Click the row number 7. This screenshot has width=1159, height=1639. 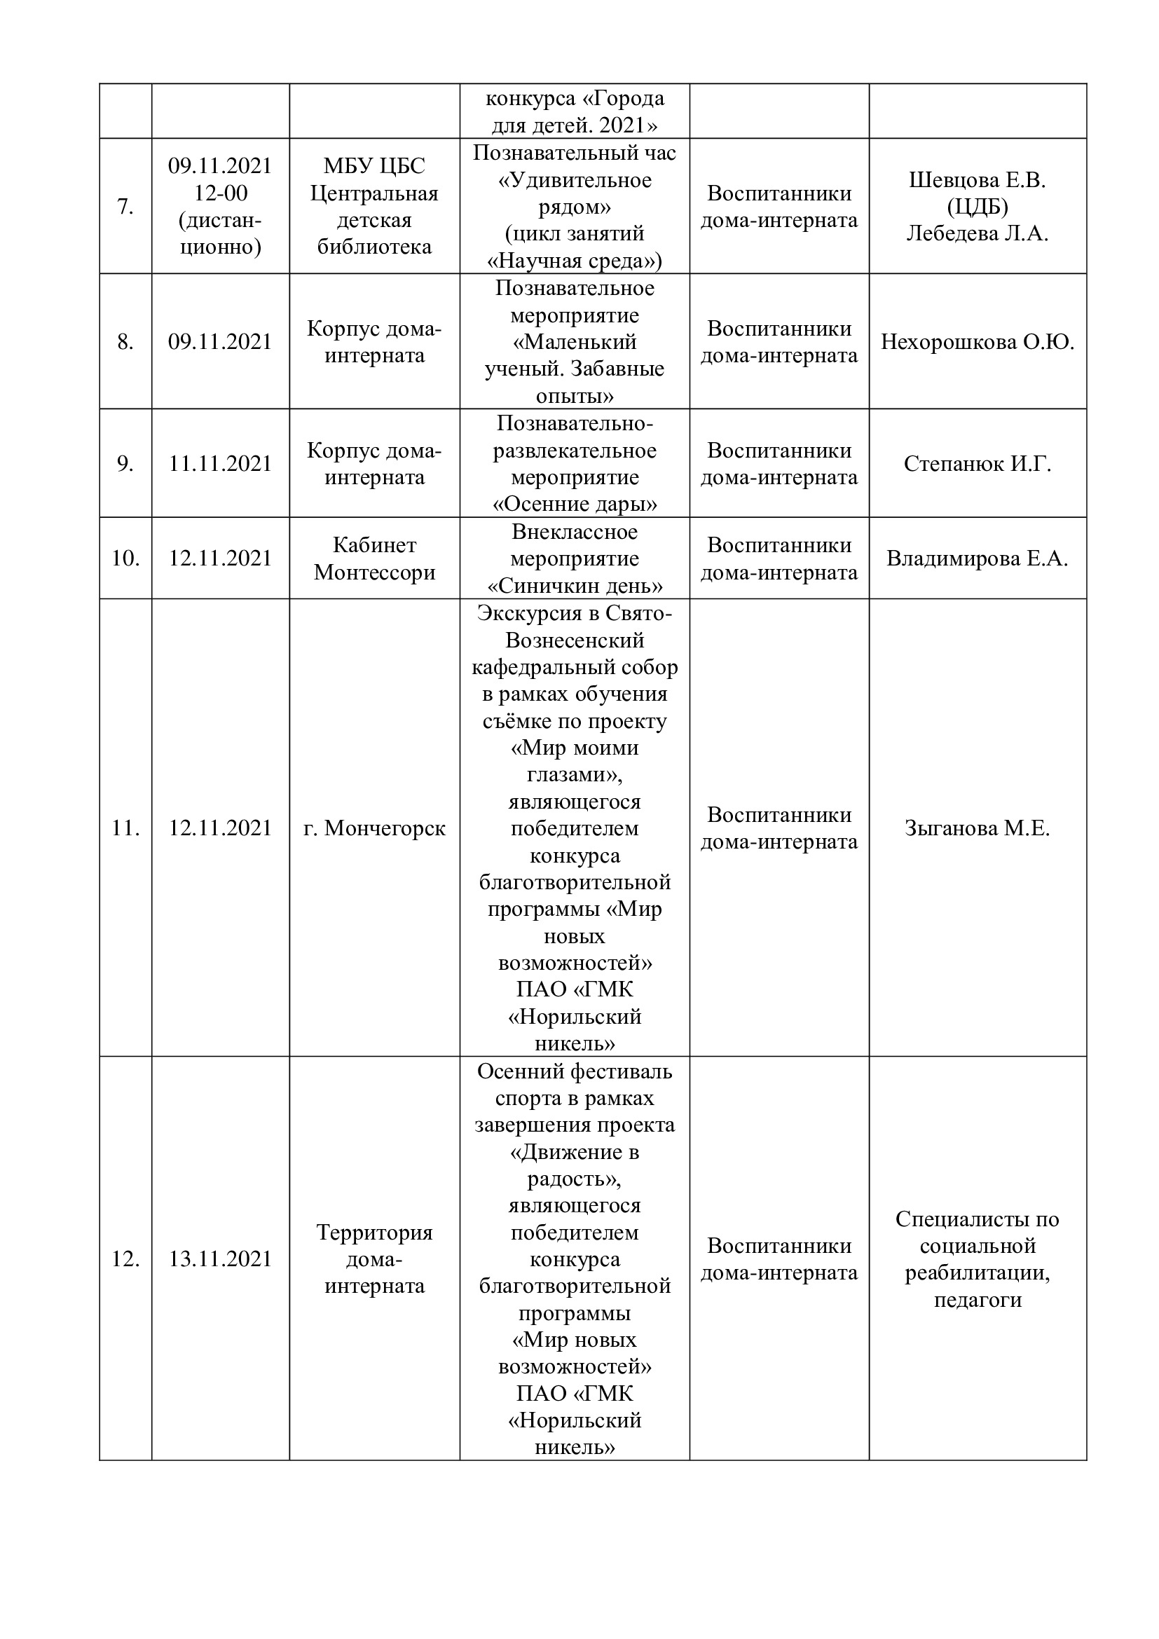coord(125,207)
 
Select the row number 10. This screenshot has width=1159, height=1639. coord(125,558)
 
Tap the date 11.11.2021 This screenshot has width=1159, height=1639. coord(220,464)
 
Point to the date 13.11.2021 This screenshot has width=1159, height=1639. coord(220,1259)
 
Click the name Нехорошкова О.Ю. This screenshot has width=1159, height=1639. coord(977,342)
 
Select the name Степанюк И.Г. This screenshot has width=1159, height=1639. coord(977,464)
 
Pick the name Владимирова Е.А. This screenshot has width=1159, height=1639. coord(977,558)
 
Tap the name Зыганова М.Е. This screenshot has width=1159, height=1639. coord(977,828)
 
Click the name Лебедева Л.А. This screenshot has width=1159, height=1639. coord(977,233)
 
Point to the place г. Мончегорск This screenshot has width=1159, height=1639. coord(374,828)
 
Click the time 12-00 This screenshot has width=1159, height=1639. coord(221,193)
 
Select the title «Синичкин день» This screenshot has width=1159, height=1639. coord(575,586)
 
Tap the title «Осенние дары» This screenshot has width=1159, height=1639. coord(575,505)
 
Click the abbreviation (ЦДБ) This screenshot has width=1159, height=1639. coord(977,207)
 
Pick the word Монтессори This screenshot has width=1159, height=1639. coord(374,572)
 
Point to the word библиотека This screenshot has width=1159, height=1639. coord(374,247)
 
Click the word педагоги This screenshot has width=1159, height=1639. coord(977,1300)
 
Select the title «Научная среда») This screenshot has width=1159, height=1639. coord(575,261)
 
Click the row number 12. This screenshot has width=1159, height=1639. coord(125,1259)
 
